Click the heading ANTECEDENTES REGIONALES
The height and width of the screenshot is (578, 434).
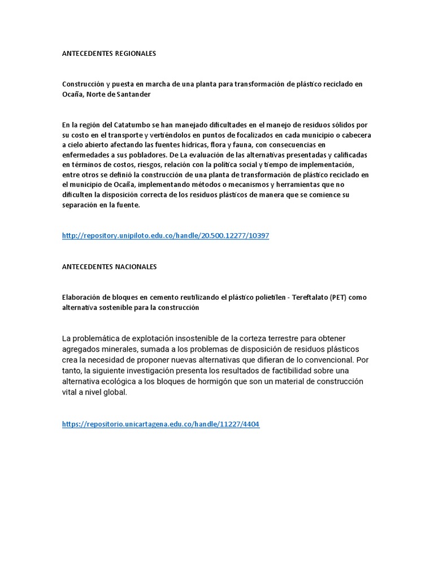tap(108, 54)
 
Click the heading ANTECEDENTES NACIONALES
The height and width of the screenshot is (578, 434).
tap(109, 266)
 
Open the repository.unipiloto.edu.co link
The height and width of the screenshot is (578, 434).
tap(165, 236)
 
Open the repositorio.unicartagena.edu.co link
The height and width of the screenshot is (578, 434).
tap(160, 424)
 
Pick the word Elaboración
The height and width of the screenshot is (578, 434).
tap(84, 297)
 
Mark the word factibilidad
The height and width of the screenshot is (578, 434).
tap(309, 371)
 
